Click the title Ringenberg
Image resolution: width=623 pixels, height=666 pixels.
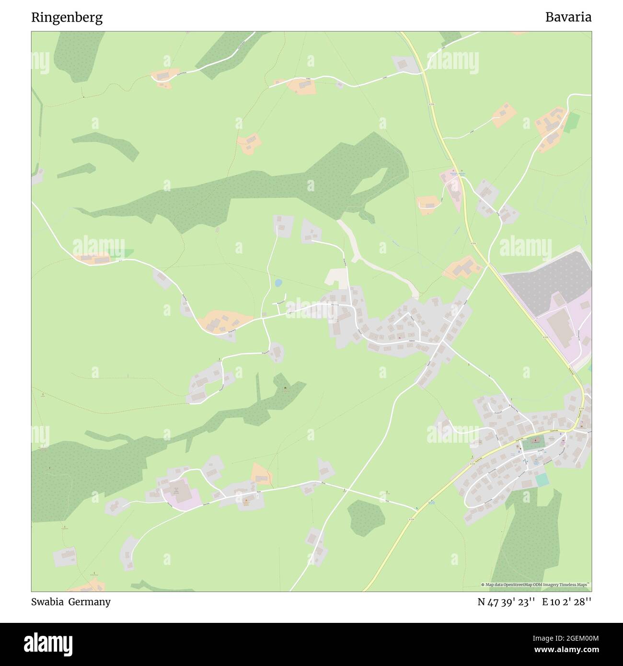click(67, 17)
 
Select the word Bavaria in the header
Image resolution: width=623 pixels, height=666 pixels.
click(568, 17)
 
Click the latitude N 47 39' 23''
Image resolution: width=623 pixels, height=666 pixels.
click(506, 602)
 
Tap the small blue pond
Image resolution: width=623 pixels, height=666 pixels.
click(277, 283)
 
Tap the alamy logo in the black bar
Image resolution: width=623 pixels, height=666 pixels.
click(48, 642)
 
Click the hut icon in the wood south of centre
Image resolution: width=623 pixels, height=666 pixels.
click(286, 388)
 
